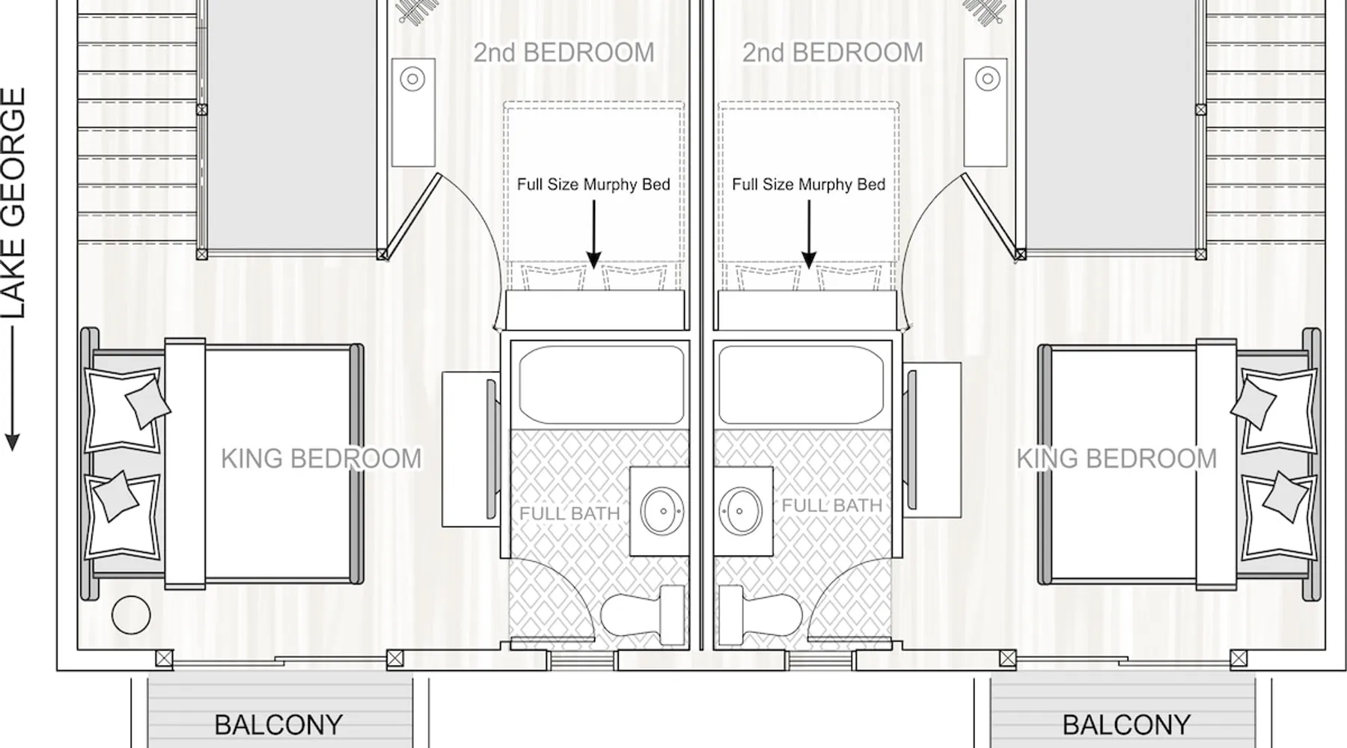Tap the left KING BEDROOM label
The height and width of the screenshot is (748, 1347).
(321, 459)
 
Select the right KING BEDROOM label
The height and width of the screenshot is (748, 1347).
(1117, 459)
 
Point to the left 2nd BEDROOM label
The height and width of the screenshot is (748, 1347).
(563, 52)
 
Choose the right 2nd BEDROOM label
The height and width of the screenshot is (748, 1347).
(832, 52)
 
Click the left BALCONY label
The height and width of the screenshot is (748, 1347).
(278, 725)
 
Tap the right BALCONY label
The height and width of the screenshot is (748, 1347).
(1126, 725)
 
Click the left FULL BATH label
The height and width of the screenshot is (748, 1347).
(569, 514)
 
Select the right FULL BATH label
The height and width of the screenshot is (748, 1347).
(832, 506)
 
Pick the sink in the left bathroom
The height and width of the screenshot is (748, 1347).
(662, 511)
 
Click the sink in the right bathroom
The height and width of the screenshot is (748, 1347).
(740, 511)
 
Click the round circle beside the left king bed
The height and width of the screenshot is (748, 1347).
(131, 615)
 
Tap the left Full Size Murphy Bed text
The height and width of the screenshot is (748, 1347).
(593, 185)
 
